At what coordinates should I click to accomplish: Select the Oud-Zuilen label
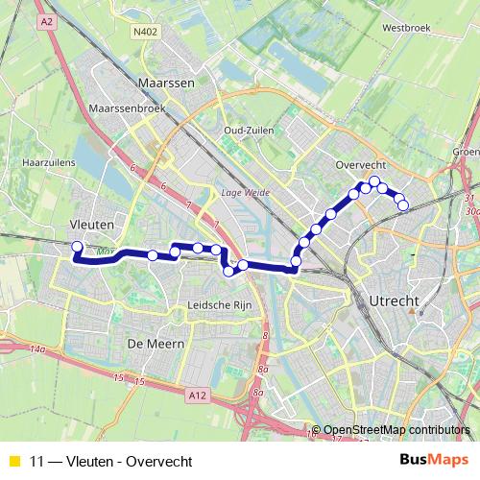tap(249, 130)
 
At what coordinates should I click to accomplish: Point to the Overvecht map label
tap(361, 165)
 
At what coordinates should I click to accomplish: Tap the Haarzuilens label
tap(41, 163)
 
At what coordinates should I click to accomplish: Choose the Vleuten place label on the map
tap(93, 224)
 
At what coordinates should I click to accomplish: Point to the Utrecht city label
tap(394, 301)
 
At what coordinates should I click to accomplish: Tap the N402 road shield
tap(146, 31)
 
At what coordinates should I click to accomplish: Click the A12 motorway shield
tap(199, 395)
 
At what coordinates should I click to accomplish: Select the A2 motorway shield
tap(47, 20)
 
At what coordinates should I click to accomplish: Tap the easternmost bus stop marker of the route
tap(403, 204)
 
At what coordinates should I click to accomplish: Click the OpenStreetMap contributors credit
tap(396, 430)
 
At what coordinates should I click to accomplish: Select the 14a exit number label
tap(36, 351)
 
